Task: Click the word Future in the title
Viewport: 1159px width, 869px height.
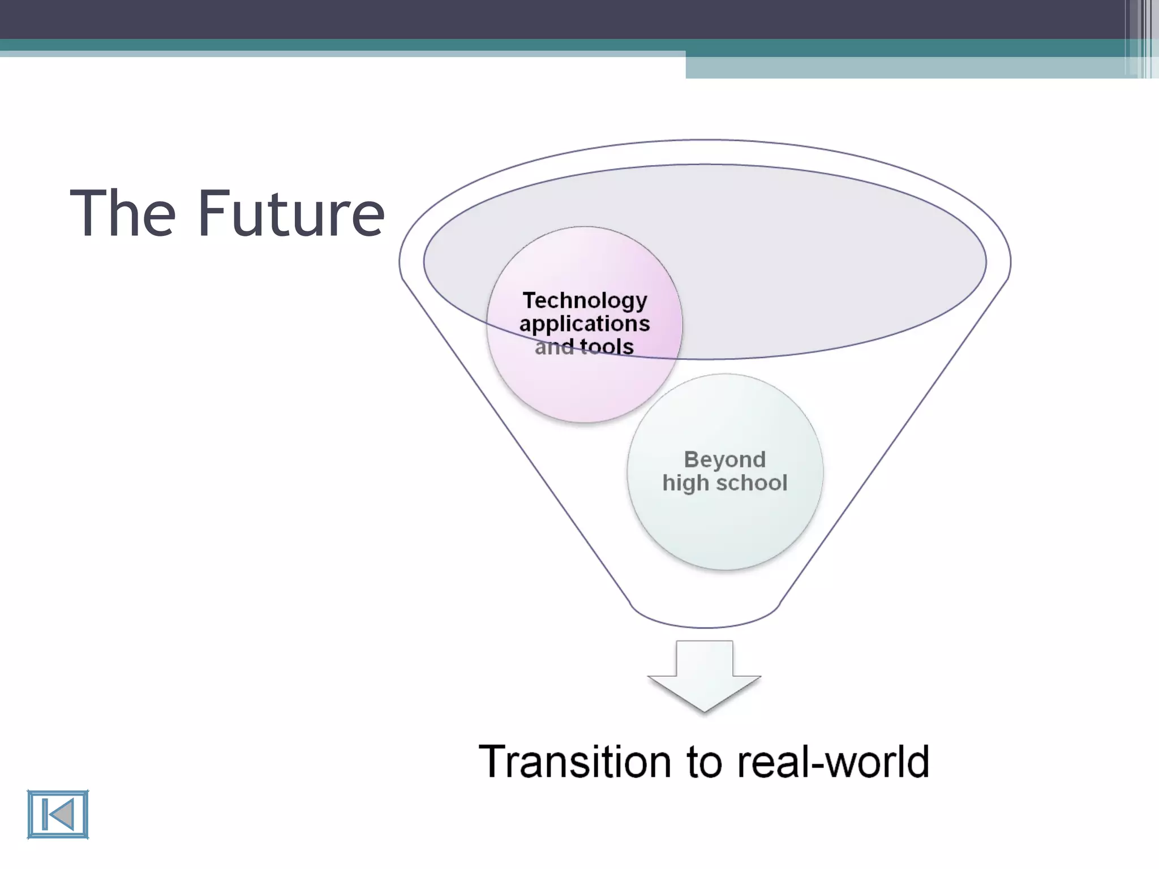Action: (291, 214)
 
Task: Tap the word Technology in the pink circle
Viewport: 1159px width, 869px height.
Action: (585, 300)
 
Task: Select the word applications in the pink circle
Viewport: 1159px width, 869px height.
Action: (585, 324)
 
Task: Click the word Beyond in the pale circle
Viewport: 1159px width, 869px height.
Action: (724, 459)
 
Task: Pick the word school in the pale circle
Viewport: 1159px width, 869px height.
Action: (752, 483)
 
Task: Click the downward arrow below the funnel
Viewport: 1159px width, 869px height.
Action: (704, 679)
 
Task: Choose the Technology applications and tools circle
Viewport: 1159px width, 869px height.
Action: (585, 385)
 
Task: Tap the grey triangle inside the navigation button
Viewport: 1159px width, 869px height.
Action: (61, 815)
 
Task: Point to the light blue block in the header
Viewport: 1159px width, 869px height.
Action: (905, 68)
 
